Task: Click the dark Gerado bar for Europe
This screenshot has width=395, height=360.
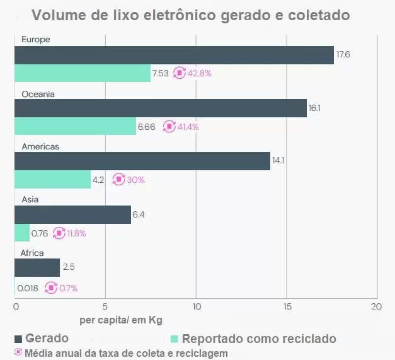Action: [x=174, y=55]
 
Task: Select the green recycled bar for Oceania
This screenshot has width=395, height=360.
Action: [x=75, y=126]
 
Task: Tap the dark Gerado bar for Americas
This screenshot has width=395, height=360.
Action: [x=142, y=161]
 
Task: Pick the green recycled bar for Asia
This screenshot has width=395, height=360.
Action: [x=22, y=233]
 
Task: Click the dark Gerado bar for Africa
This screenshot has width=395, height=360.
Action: [x=37, y=267]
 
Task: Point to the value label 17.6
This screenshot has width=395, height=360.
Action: [x=343, y=55]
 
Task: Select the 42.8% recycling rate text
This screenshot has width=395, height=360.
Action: [x=200, y=73]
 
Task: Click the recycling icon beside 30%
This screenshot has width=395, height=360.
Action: [x=118, y=180]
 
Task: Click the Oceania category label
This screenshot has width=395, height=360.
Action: [x=38, y=94]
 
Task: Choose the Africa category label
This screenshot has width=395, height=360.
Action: [x=33, y=253]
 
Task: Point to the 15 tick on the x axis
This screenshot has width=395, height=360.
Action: [x=287, y=306]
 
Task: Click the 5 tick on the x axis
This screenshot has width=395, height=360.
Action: [x=105, y=306]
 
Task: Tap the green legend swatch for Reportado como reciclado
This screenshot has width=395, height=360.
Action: [x=175, y=339]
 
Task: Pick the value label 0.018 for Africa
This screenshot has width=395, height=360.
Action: [x=28, y=288]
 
